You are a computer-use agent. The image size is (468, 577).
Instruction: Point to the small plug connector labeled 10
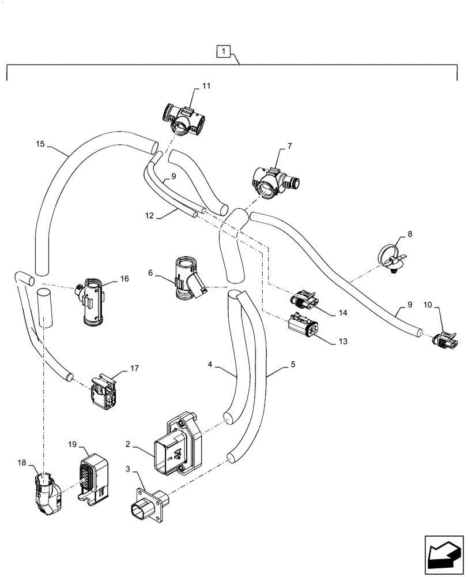[x=446, y=340]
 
